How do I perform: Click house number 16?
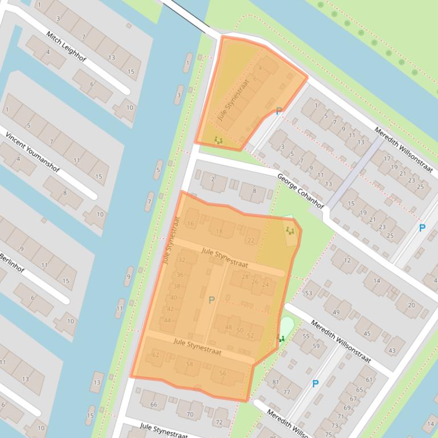point(190,224)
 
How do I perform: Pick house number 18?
point(219,231)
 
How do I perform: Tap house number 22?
point(251,240)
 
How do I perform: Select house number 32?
point(182,260)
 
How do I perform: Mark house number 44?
point(167,321)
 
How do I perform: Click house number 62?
point(156,355)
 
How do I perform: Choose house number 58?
point(190,364)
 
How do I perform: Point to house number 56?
point(223,373)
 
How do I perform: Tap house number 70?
point(190,415)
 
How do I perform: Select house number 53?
point(309,293)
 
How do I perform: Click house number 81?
point(276,382)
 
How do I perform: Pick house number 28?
point(245,277)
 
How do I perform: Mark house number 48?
point(228,327)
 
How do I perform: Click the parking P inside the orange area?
point(211,300)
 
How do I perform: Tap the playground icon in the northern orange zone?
point(218,139)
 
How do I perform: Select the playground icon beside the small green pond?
point(281,338)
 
